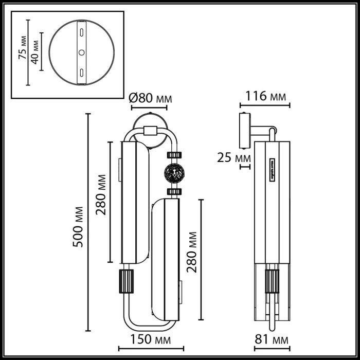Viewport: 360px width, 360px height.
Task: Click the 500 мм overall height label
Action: (x=78, y=223)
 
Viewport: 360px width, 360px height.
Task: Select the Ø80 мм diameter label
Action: (x=150, y=98)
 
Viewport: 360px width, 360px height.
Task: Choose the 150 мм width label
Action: (x=149, y=340)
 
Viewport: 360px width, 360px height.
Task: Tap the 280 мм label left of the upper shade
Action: (x=101, y=195)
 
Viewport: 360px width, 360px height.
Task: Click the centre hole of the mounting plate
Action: (x=81, y=52)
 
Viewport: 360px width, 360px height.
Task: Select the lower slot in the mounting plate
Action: (x=81, y=73)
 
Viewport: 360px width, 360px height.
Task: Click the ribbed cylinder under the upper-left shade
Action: (x=127, y=281)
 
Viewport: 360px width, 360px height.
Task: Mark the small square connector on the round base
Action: (x=150, y=130)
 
